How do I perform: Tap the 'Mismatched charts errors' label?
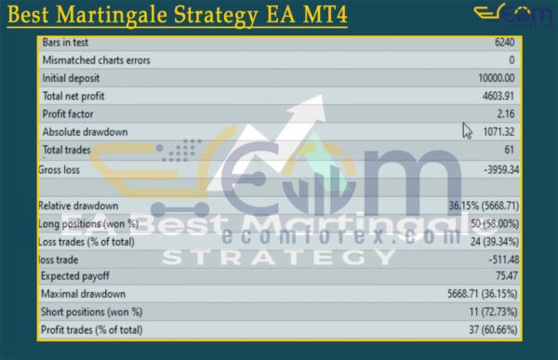[96, 60]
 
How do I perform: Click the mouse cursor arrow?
[468, 130]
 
